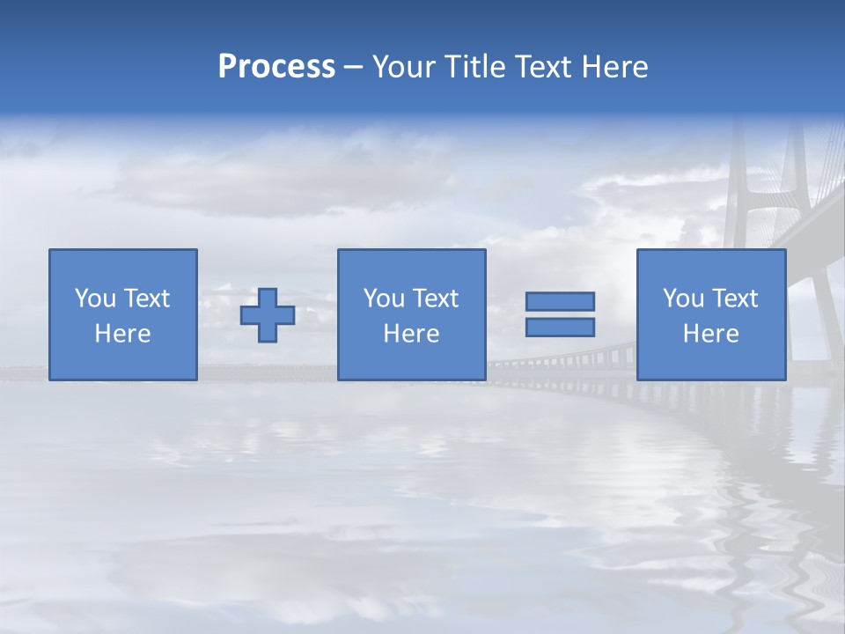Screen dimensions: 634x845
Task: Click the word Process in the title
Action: (x=276, y=67)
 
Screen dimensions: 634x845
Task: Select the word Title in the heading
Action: (x=476, y=67)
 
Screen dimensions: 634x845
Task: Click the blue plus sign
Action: (x=268, y=314)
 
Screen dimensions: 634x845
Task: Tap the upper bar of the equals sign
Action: (x=560, y=301)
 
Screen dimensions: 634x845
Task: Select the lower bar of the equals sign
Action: (x=560, y=327)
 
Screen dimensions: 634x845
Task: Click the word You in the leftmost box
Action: (x=95, y=299)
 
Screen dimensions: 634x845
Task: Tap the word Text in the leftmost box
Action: (x=146, y=299)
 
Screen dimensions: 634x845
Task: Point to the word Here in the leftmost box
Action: (x=123, y=334)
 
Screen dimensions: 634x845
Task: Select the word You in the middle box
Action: (x=384, y=299)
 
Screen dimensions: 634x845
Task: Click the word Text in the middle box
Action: (x=435, y=299)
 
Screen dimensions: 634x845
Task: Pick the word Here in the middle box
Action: (x=411, y=334)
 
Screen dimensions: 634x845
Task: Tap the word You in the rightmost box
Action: (x=684, y=299)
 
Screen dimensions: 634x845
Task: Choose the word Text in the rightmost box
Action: (x=735, y=299)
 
